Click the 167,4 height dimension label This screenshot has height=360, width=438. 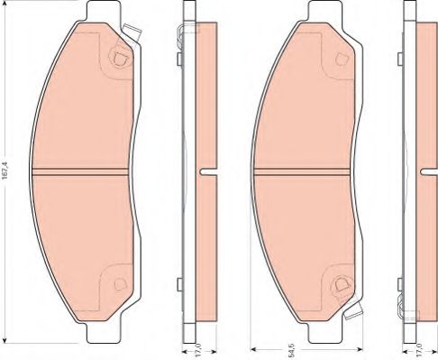[5, 171]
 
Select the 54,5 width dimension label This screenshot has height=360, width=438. [291, 353]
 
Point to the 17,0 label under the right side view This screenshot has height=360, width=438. [420, 353]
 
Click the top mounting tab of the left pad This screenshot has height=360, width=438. [102, 11]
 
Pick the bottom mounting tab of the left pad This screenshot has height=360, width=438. [102, 333]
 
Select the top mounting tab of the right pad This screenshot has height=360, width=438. [324, 11]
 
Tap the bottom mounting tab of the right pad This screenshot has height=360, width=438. [324, 333]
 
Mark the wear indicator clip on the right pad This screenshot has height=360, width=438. [354, 310]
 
